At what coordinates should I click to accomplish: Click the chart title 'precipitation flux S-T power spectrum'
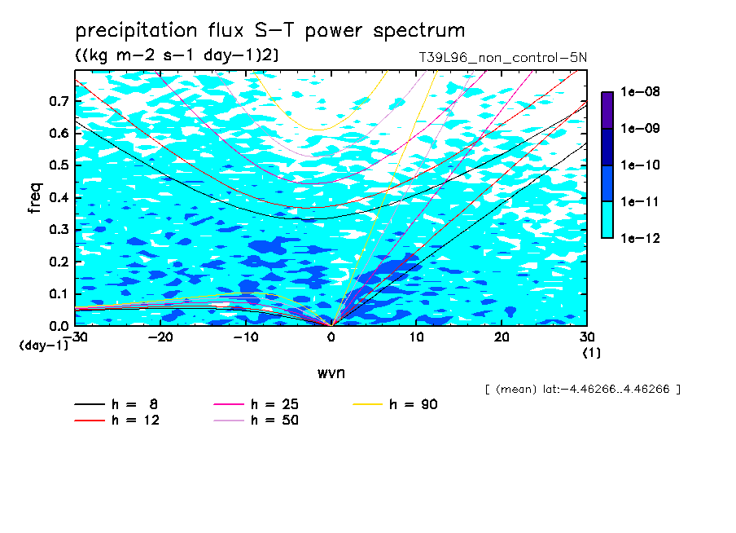pos(270,31)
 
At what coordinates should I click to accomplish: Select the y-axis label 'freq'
pos(35,198)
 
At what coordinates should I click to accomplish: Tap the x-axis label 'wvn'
pos(331,373)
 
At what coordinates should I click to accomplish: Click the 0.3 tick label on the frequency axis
pos(59,229)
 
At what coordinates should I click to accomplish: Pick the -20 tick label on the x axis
pos(160,337)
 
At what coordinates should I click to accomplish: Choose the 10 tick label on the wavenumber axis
pos(416,337)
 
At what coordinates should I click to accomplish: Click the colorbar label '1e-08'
pos(640,91)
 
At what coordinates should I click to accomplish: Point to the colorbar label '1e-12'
pos(640,238)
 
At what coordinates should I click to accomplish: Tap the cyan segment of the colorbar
pos(607,220)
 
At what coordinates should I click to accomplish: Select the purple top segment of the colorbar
pos(607,110)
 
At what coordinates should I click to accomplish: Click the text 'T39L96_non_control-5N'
pos(502,58)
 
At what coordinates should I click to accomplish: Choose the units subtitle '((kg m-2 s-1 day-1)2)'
pos(177,55)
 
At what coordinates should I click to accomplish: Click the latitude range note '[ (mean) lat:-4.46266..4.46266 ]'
pos(582,390)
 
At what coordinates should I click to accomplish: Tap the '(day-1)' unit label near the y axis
pos(43,346)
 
